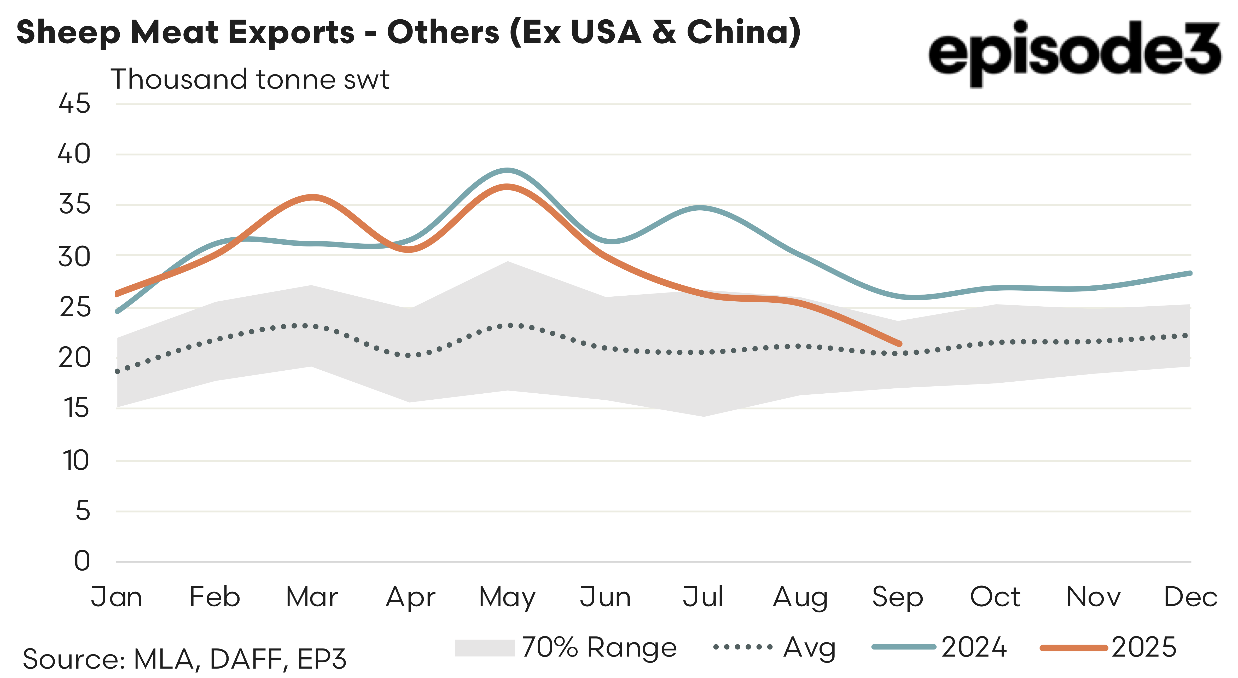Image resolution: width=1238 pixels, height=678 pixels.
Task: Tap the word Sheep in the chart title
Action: pyautogui.click(x=68, y=33)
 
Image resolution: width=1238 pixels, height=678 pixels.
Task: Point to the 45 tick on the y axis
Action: pyautogui.click(x=74, y=104)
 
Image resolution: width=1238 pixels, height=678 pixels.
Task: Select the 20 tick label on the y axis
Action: pyautogui.click(x=74, y=358)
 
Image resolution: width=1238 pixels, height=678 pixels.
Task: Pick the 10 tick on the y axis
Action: pyautogui.click(x=75, y=461)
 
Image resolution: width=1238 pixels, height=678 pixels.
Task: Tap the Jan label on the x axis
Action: pyautogui.click(x=116, y=597)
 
